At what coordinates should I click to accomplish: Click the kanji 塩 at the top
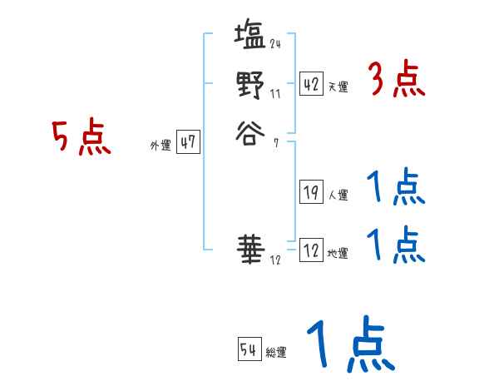(249, 37)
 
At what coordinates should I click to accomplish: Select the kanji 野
(249, 86)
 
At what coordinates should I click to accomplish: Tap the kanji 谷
(249, 133)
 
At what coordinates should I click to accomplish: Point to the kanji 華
(249, 247)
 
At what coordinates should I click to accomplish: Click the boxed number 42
(311, 84)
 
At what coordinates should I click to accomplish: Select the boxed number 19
(311, 193)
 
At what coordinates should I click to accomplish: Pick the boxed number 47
(187, 142)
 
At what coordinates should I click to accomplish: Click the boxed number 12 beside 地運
(311, 250)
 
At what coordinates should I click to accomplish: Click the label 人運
(338, 196)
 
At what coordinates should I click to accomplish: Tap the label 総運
(276, 354)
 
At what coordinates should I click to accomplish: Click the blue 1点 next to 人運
(396, 189)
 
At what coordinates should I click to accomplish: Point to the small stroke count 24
(275, 43)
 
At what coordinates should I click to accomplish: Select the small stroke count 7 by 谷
(275, 143)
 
